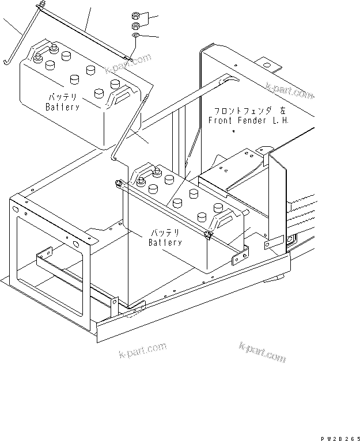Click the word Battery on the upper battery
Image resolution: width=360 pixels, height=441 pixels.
click(x=62, y=107)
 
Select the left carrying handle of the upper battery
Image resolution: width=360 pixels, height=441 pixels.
click(x=39, y=52)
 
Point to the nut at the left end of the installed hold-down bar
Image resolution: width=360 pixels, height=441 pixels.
click(x=118, y=183)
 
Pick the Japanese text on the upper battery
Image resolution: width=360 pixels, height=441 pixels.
click(x=62, y=97)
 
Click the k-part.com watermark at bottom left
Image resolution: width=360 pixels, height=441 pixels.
click(x=143, y=349)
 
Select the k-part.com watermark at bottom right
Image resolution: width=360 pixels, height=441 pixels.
click(x=262, y=352)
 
